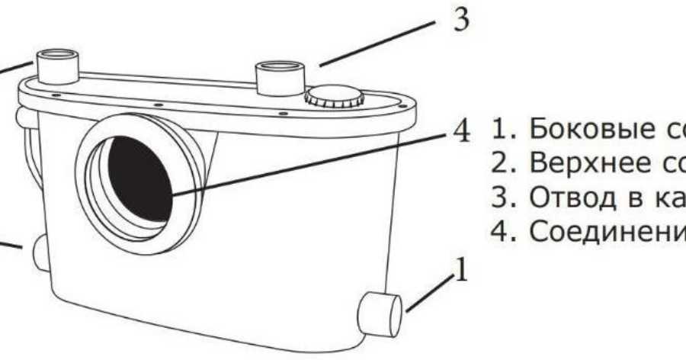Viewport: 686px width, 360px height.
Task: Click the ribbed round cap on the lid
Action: tap(332, 97)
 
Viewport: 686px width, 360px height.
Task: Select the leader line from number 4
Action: tap(305, 162)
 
